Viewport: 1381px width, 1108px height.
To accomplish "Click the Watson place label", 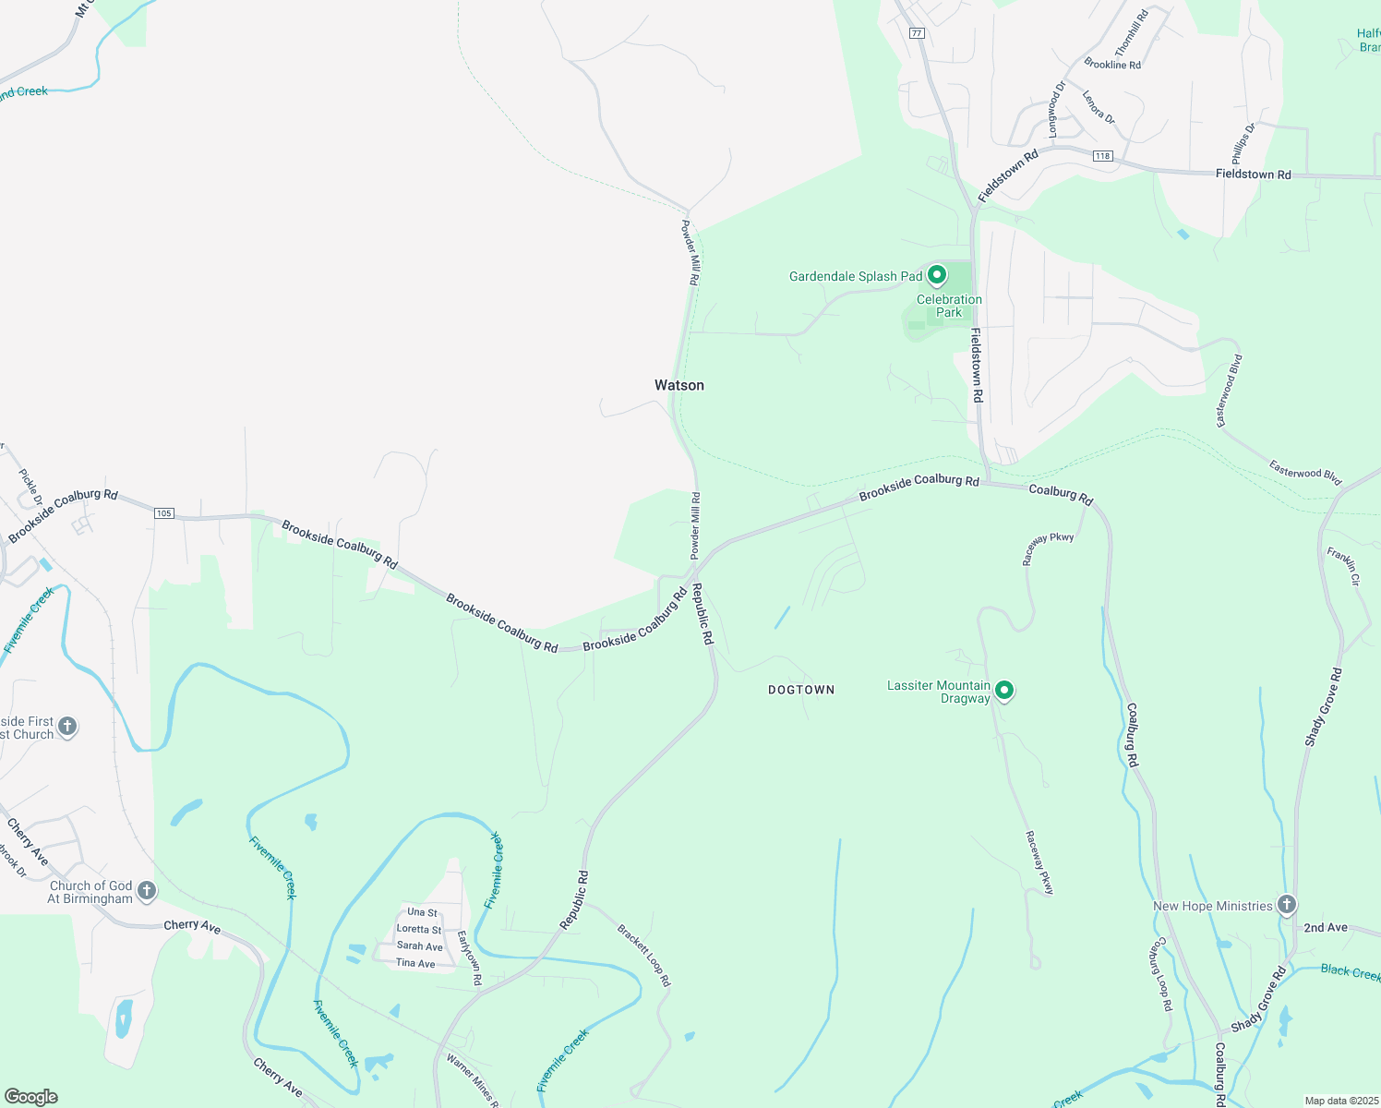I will pos(679,385).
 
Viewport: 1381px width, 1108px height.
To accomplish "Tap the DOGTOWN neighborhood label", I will pos(801,690).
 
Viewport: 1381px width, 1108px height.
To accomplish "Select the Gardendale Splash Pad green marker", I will pos(937,275).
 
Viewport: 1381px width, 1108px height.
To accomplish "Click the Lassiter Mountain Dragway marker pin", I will pos(1004,690).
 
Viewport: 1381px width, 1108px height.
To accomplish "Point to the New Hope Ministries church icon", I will pos(1287,905).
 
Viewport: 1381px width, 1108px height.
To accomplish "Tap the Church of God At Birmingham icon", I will pos(146,890).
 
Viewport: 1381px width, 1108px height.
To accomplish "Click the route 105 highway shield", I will pos(164,513).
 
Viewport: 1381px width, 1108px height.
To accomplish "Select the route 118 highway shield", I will pos(1102,156).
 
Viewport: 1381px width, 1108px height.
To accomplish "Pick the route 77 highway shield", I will pos(916,33).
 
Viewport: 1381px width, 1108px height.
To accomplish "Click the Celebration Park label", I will pos(949,306).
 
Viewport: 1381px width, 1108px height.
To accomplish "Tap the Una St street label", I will pos(423,912).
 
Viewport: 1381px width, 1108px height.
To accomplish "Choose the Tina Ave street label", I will pos(415,963).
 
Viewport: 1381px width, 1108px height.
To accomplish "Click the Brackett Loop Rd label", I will pos(644,956).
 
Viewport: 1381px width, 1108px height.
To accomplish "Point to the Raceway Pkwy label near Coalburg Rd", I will pos(1049,548).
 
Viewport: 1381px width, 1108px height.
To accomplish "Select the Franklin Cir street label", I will pos(1344,567).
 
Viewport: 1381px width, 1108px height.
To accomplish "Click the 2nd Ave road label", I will pos(1326,927).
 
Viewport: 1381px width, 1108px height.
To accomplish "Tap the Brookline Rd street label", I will pos(1112,65).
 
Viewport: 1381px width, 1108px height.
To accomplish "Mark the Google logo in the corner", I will pos(30,1097).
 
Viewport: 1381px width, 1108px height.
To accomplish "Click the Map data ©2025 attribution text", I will pos(1340,1101).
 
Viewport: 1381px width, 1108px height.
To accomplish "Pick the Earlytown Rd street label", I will pos(470,957).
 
